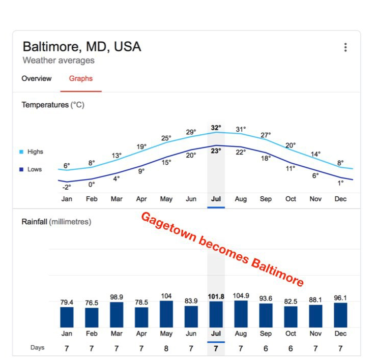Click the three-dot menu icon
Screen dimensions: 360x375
tap(345, 47)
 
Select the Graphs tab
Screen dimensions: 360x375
tap(81, 79)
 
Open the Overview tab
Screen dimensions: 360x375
tap(37, 79)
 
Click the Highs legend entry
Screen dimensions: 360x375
tap(35, 152)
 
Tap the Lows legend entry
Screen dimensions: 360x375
tap(35, 169)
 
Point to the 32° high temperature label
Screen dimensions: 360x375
tap(216, 128)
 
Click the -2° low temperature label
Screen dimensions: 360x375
tap(66, 187)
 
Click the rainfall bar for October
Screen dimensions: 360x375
tap(291, 316)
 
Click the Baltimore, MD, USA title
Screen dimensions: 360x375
tap(82, 47)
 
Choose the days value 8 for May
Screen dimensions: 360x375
tap(166, 348)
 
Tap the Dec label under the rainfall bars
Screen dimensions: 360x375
tap(340, 334)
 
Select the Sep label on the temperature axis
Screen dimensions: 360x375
tap(266, 199)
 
